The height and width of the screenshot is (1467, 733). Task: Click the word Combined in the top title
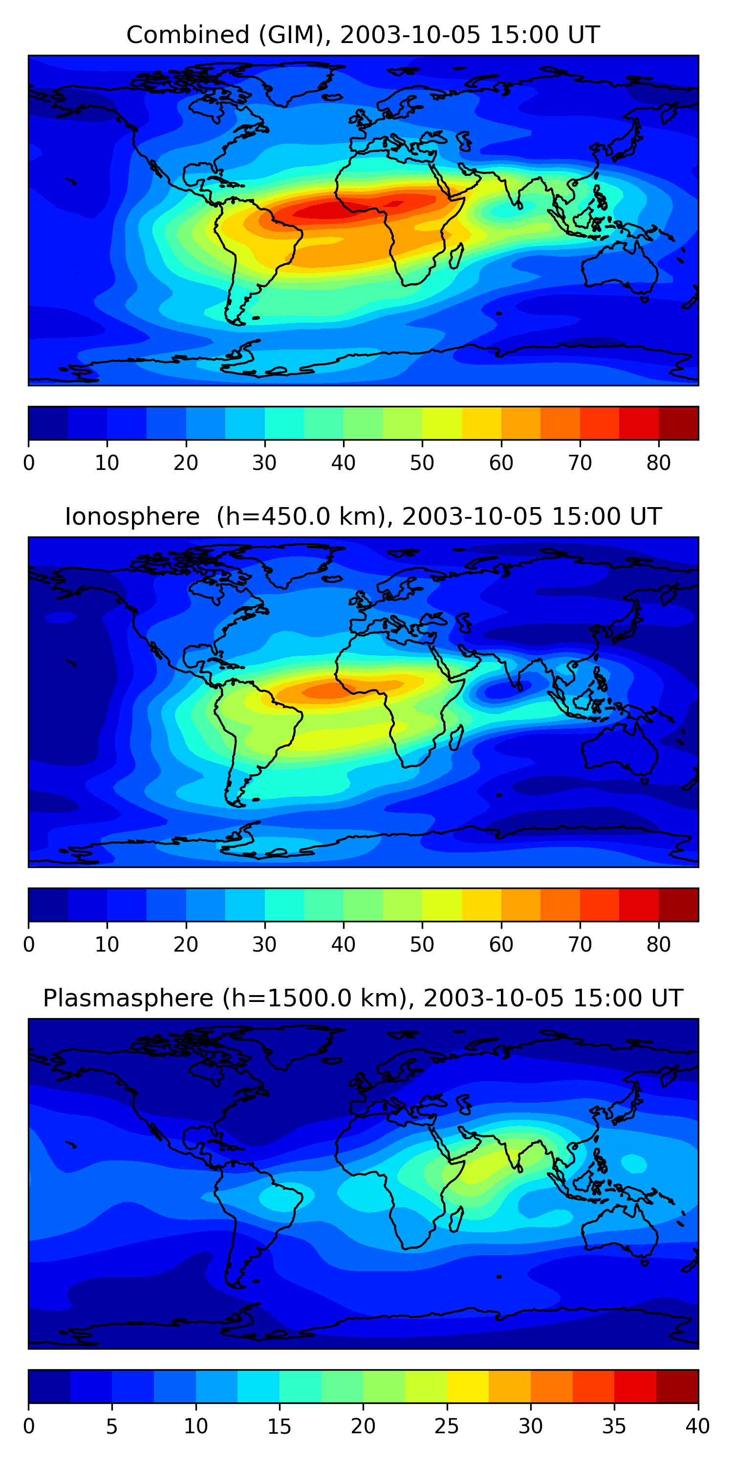(x=187, y=35)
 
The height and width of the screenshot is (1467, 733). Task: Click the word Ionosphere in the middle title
(x=132, y=516)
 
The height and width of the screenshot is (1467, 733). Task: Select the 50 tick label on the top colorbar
(x=422, y=463)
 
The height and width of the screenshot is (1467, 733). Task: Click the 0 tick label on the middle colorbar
(x=28, y=944)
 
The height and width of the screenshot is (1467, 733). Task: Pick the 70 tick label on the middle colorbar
(x=580, y=944)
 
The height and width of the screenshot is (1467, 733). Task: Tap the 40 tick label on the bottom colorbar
(x=698, y=1426)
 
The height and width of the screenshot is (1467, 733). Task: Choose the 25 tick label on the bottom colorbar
(x=447, y=1426)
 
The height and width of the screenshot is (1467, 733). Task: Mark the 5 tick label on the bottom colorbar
(x=111, y=1426)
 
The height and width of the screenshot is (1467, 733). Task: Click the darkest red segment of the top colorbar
(x=678, y=423)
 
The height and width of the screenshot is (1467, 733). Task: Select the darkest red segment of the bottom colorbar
(x=677, y=1386)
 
